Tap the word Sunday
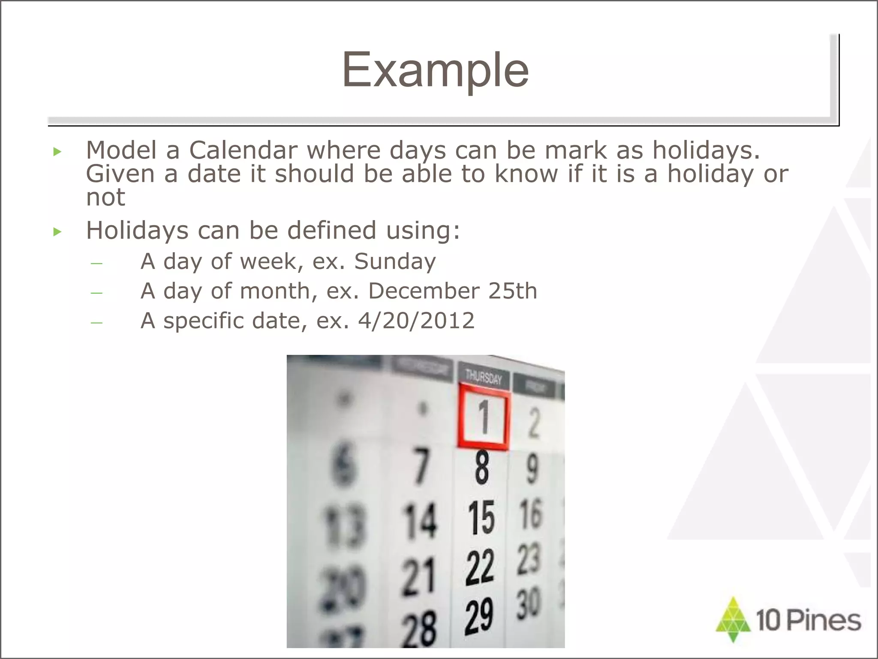coord(395,261)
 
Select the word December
coord(424,291)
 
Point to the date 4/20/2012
coord(416,320)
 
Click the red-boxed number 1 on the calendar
coord(484,417)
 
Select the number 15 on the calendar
coord(481,518)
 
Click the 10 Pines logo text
coord(809,620)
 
